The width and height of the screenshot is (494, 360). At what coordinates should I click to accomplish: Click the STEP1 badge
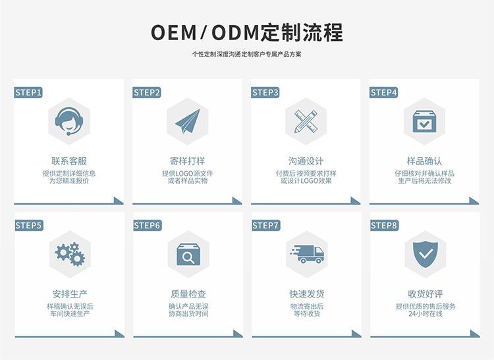(28, 93)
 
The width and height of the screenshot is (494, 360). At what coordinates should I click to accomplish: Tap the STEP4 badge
(384, 93)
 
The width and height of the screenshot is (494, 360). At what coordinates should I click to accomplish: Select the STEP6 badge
(147, 226)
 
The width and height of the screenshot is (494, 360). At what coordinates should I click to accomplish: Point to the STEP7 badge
(265, 226)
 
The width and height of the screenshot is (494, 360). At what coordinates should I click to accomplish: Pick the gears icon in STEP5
(69, 253)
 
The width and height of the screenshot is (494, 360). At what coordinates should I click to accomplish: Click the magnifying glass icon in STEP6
(188, 254)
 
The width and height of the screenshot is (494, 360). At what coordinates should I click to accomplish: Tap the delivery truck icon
(306, 253)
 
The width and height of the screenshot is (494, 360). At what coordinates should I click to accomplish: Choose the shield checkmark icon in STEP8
(424, 253)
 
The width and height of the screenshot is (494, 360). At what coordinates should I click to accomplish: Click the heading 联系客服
(69, 161)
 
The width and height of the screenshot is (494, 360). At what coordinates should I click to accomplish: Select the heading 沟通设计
(306, 161)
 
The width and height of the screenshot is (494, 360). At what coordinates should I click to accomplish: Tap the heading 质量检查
(188, 294)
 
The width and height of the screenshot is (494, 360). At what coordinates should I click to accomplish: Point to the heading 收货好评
(425, 294)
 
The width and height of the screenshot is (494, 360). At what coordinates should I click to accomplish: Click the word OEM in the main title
(175, 32)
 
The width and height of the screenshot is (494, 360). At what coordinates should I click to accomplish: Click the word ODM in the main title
(234, 32)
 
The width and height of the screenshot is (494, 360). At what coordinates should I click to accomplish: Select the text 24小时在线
(425, 314)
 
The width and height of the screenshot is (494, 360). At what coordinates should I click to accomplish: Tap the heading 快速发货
(306, 294)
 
